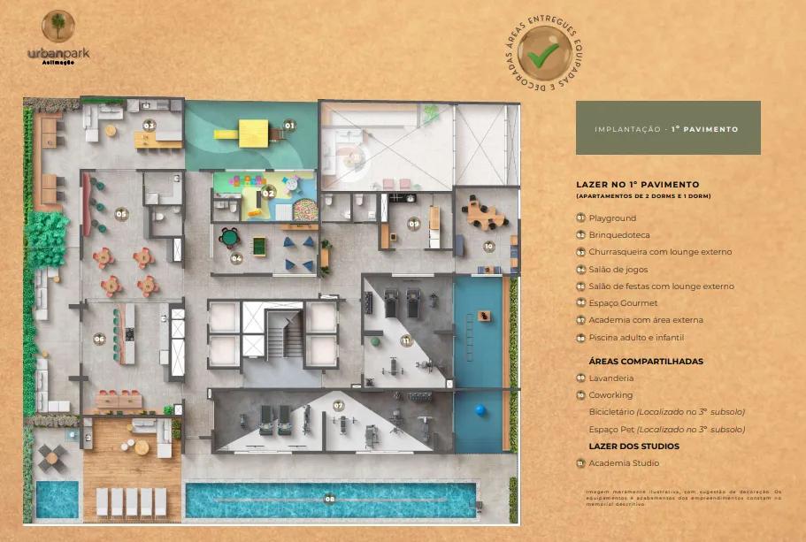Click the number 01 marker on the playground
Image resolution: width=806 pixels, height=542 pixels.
[288, 126]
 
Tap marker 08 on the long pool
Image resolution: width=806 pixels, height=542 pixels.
[329, 499]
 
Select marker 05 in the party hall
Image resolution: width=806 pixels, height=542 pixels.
[121, 213]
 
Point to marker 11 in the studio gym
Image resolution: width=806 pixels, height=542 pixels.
[405, 340]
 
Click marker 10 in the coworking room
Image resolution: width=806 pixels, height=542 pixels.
[488, 246]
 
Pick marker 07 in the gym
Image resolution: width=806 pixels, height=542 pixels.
[338, 405]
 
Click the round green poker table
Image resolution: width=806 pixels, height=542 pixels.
[230, 236]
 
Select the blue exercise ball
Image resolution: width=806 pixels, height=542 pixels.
[481, 410]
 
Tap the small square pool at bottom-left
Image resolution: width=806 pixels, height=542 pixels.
[57, 500]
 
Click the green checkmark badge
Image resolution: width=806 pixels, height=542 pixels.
[544, 53]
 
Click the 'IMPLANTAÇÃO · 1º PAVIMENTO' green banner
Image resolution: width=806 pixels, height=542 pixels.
[667, 128]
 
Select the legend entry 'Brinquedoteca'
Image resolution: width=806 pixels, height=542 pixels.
[618, 235]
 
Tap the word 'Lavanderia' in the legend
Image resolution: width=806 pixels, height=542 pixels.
[610, 378]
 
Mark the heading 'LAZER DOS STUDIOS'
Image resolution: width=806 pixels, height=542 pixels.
[633, 446]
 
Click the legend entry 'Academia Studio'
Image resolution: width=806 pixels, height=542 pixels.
[624, 463]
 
